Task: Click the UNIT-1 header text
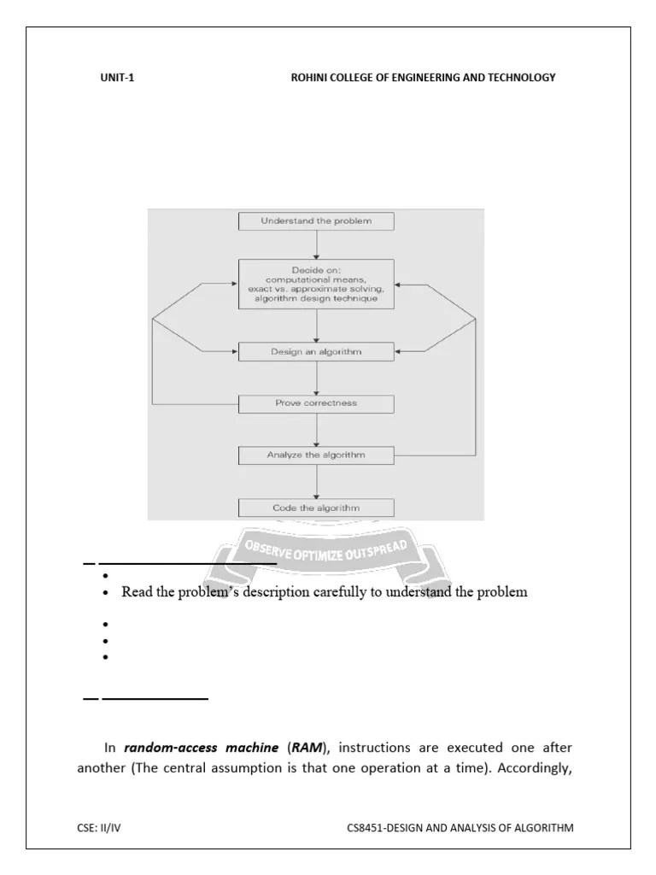117,78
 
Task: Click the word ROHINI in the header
310,78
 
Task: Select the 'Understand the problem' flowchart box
316,221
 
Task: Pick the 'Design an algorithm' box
316,351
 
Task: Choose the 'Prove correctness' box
316,402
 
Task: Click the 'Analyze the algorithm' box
316,455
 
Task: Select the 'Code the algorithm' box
316,508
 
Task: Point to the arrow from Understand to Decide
316,244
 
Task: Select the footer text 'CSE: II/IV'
100,827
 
